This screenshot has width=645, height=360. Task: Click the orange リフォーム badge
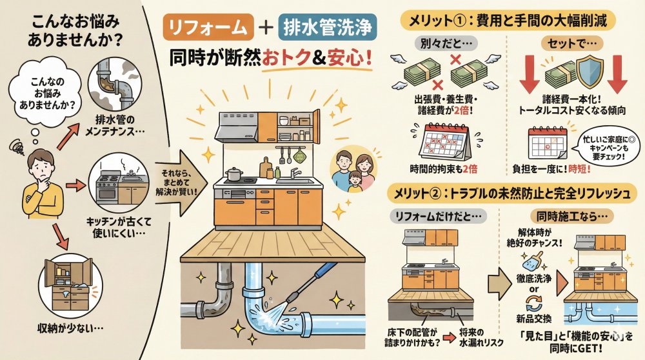click(x=208, y=27)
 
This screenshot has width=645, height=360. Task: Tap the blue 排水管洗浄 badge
click(x=328, y=27)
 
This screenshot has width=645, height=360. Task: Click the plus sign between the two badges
click(x=266, y=28)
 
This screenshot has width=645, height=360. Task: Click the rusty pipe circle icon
click(x=115, y=84)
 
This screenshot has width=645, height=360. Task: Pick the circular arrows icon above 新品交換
click(x=533, y=305)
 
